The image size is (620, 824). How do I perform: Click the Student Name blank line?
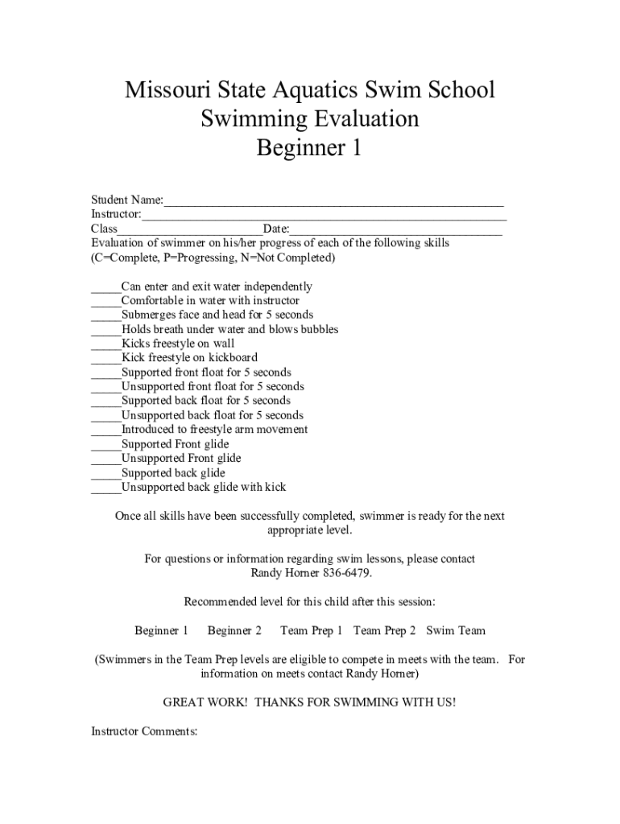click(x=333, y=201)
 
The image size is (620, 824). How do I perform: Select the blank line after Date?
click(x=395, y=230)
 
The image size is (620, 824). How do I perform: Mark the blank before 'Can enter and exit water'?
click(x=105, y=287)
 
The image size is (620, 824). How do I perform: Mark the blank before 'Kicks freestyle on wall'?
click(x=105, y=344)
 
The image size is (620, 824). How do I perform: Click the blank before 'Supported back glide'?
click(x=105, y=474)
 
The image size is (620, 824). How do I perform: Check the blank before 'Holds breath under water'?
click(x=105, y=330)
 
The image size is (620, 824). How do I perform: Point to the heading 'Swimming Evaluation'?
click(x=309, y=119)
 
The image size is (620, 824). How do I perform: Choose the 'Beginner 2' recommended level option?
click(x=234, y=631)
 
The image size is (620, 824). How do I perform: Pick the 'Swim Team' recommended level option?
click(x=456, y=631)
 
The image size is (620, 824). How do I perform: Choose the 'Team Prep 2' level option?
click(x=384, y=631)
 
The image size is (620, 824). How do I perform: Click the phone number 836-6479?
click(x=347, y=574)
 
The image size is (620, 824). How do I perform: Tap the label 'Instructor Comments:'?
click(x=144, y=731)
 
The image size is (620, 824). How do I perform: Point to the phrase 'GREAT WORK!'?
click(x=198, y=702)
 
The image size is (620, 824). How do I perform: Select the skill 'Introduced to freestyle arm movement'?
click(x=214, y=430)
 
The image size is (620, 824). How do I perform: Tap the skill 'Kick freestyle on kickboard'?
click(x=189, y=358)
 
